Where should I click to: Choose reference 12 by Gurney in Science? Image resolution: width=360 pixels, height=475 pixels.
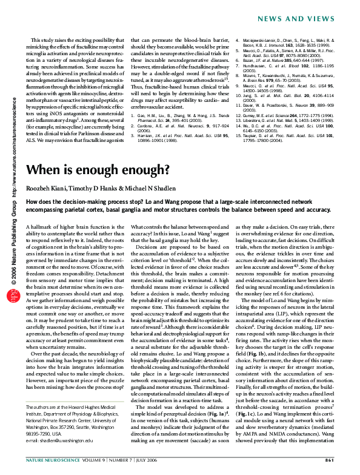(x=282, y=114)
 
